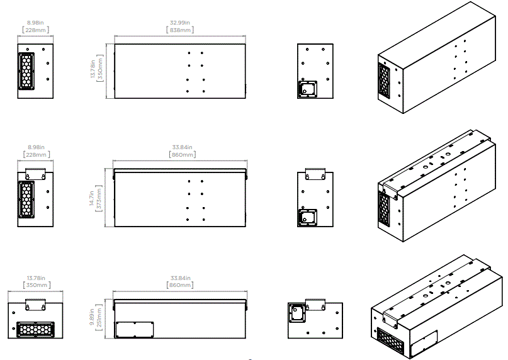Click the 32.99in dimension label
pos(179,23)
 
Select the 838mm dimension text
pos(179,30)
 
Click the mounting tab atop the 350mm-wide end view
pos(36,304)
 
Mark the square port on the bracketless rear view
pos(307,89)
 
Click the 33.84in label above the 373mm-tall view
pos(179,147)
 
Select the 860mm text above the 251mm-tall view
pos(179,285)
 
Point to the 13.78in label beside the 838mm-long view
pos(93,70)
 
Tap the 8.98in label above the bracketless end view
pos(35,23)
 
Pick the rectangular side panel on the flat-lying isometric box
pos(423,342)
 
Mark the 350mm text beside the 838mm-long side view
pos(99,70)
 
